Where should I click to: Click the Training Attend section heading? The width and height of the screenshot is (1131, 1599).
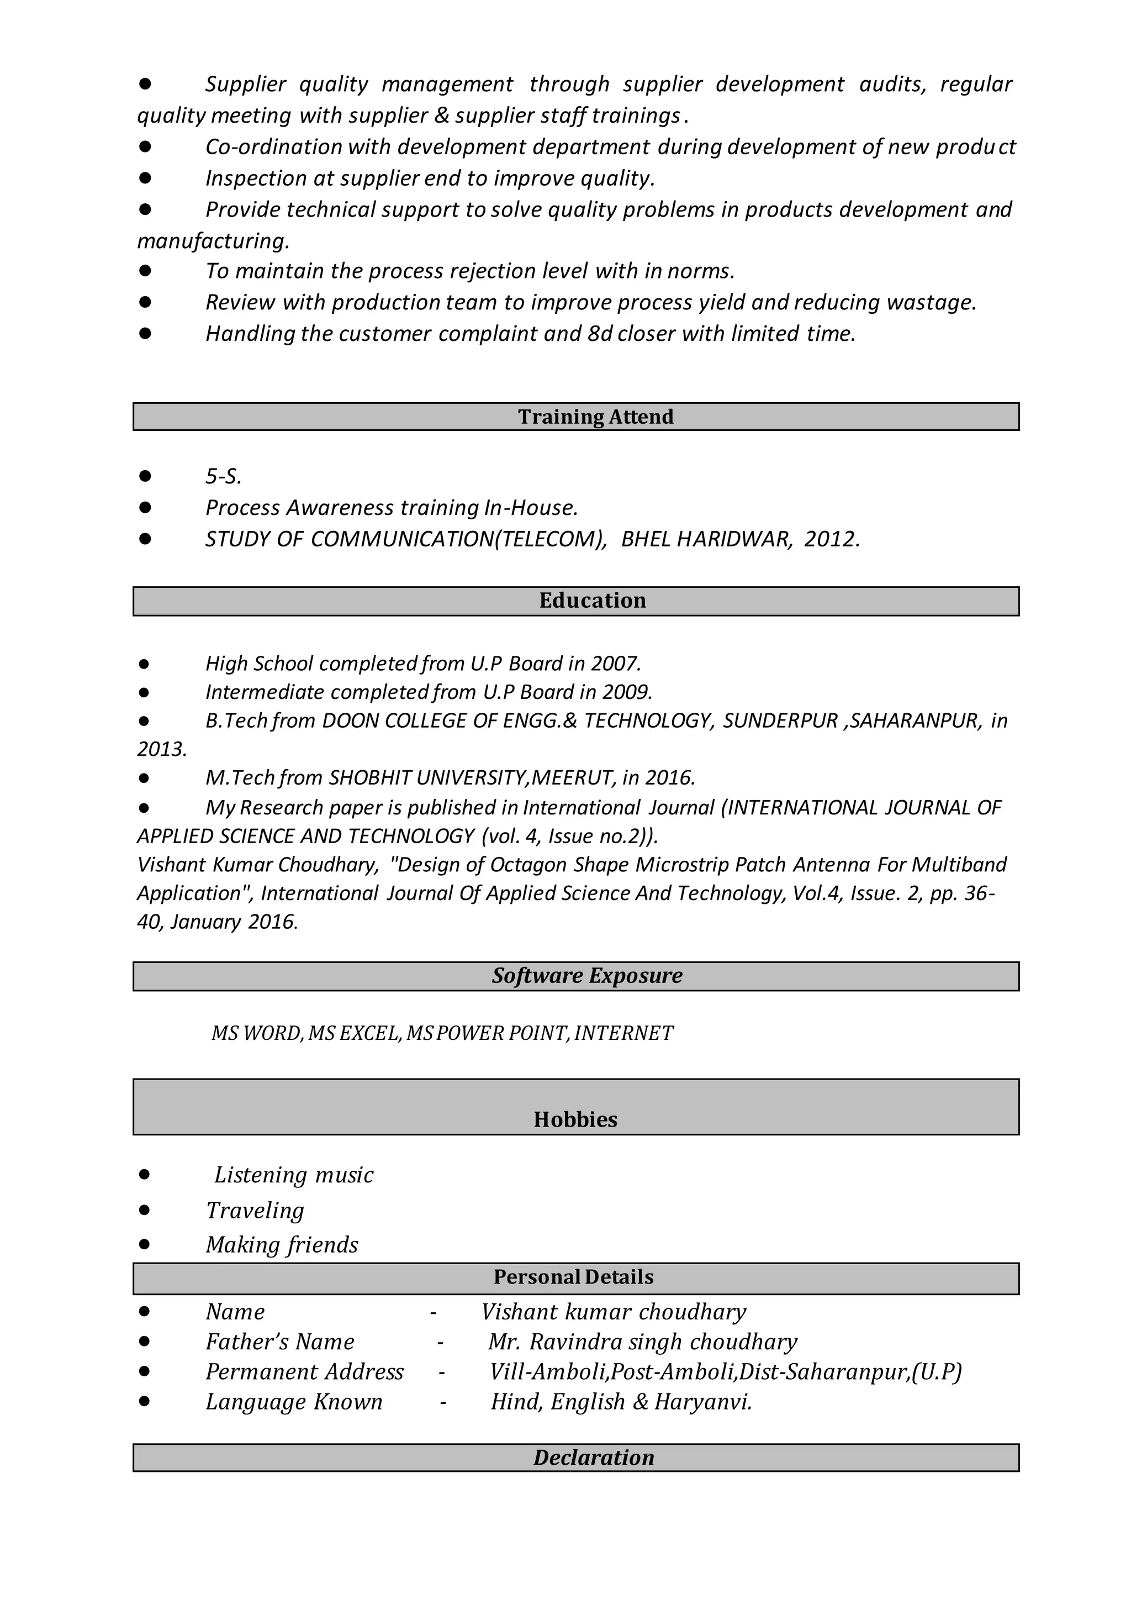click(595, 417)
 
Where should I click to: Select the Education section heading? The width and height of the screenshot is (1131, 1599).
click(592, 601)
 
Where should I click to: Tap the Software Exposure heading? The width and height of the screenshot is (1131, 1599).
click(587, 975)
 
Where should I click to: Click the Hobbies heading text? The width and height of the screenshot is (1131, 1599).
click(575, 1119)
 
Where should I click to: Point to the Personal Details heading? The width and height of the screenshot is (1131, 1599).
click(573, 1276)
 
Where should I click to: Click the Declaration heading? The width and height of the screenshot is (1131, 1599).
click(593, 1458)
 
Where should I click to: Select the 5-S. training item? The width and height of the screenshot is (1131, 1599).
click(223, 477)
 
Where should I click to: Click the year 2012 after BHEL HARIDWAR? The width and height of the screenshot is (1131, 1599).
click(831, 539)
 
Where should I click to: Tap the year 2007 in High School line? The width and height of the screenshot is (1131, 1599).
click(615, 663)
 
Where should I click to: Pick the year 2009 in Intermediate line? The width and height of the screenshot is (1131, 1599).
click(626, 692)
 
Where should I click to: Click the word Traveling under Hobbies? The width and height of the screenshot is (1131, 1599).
click(255, 1210)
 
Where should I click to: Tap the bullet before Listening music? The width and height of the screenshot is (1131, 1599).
click(144, 1175)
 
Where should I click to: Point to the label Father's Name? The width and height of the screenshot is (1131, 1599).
click(279, 1342)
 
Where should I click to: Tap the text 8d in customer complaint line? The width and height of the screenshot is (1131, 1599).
click(599, 334)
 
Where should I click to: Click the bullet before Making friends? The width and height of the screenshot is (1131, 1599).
click(144, 1244)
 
